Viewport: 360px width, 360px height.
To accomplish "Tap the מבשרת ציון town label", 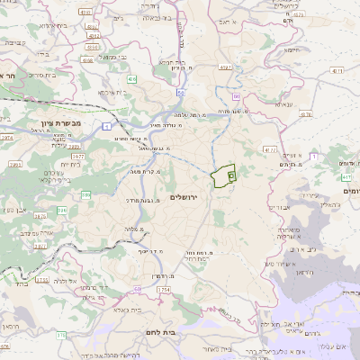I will pyautogui.click(x=61, y=122).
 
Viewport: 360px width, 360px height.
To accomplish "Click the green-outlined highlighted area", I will pyautogui.click(x=222, y=175).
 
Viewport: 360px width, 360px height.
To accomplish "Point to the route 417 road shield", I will pyautogui.click(x=346, y=177).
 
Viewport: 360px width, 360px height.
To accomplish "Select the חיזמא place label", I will pyautogui.click(x=291, y=51).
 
